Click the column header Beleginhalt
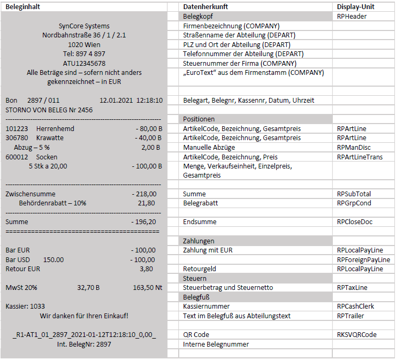coord(23,6)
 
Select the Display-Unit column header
coord(355,6)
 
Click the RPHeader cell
coord(352,17)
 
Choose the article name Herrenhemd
coord(55,129)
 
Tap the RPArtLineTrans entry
coord(360,157)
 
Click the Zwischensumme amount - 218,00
coord(144,194)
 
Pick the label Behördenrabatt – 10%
coord(52,203)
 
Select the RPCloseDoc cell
coord(355,221)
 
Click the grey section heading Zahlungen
coord(199,241)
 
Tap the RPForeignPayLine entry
coord(363,259)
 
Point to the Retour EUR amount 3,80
coord(146,269)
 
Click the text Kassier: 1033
coord(25,307)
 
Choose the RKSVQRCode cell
coord(356,334)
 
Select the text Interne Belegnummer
coord(216,344)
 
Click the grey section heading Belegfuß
coord(196,297)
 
